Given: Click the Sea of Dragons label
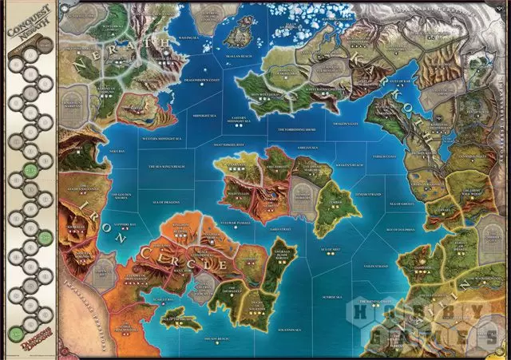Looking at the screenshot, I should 166,204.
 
